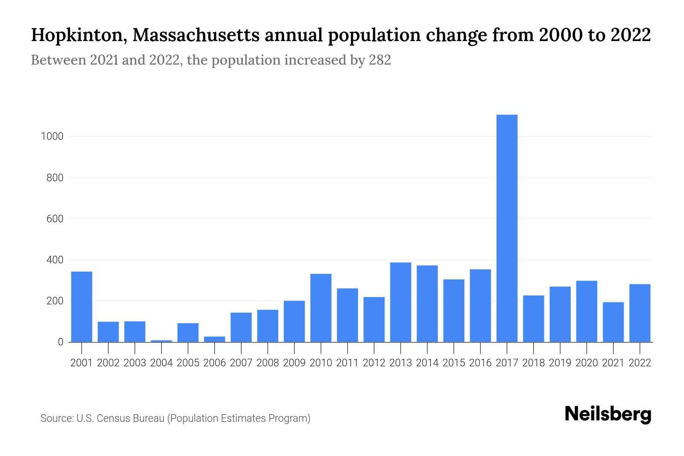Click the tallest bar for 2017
(507, 228)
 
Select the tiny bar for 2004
(161, 341)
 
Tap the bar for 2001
(82, 307)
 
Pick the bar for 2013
(401, 302)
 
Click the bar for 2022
(640, 313)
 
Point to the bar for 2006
(215, 339)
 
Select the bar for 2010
(321, 308)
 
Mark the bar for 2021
(613, 322)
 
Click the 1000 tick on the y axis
(52, 136)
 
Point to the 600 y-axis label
(55, 219)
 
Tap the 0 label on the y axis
(60, 342)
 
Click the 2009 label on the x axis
(294, 363)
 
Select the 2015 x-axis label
(454, 363)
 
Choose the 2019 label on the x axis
(560, 363)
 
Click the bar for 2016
(480, 306)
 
